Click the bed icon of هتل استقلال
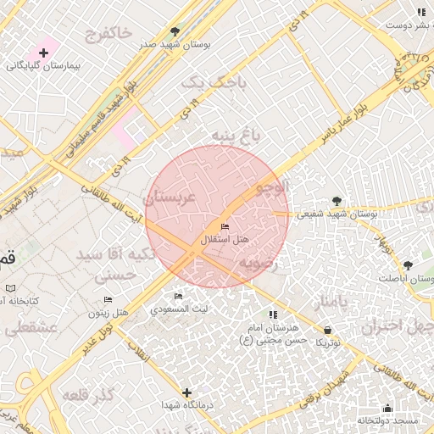pos(224,226)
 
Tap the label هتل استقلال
pos(225,241)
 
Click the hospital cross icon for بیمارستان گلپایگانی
pos(43,53)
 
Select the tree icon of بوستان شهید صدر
pos(175,31)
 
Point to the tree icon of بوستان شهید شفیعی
pos(338,201)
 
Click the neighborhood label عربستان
pos(170,198)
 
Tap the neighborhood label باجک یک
pos(217,82)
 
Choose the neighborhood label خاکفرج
pos(109,33)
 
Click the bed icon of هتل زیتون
pos(108,300)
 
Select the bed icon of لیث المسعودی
pos(178,296)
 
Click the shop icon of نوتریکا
pos(328,330)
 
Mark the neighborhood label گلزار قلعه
pos(87,397)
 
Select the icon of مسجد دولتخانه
pos(387,409)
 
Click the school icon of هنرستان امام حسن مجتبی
pos(273,315)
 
